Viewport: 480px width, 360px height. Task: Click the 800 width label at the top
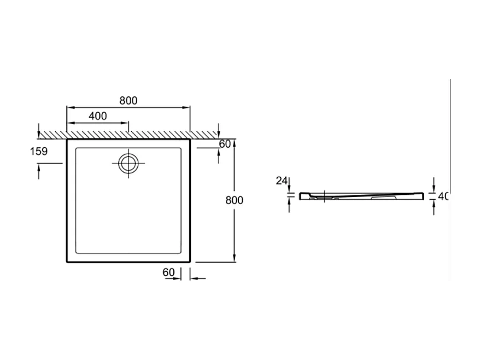(x=128, y=101)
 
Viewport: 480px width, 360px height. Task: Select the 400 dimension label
(x=97, y=116)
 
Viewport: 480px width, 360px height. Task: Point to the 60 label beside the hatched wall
(x=225, y=144)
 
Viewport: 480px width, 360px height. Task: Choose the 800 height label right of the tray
(x=234, y=201)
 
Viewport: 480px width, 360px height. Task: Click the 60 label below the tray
(x=168, y=272)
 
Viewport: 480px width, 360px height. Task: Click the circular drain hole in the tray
(x=128, y=162)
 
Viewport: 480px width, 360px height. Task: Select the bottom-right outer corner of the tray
(x=190, y=262)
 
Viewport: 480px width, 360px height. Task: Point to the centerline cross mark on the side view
(x=325, y=195)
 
